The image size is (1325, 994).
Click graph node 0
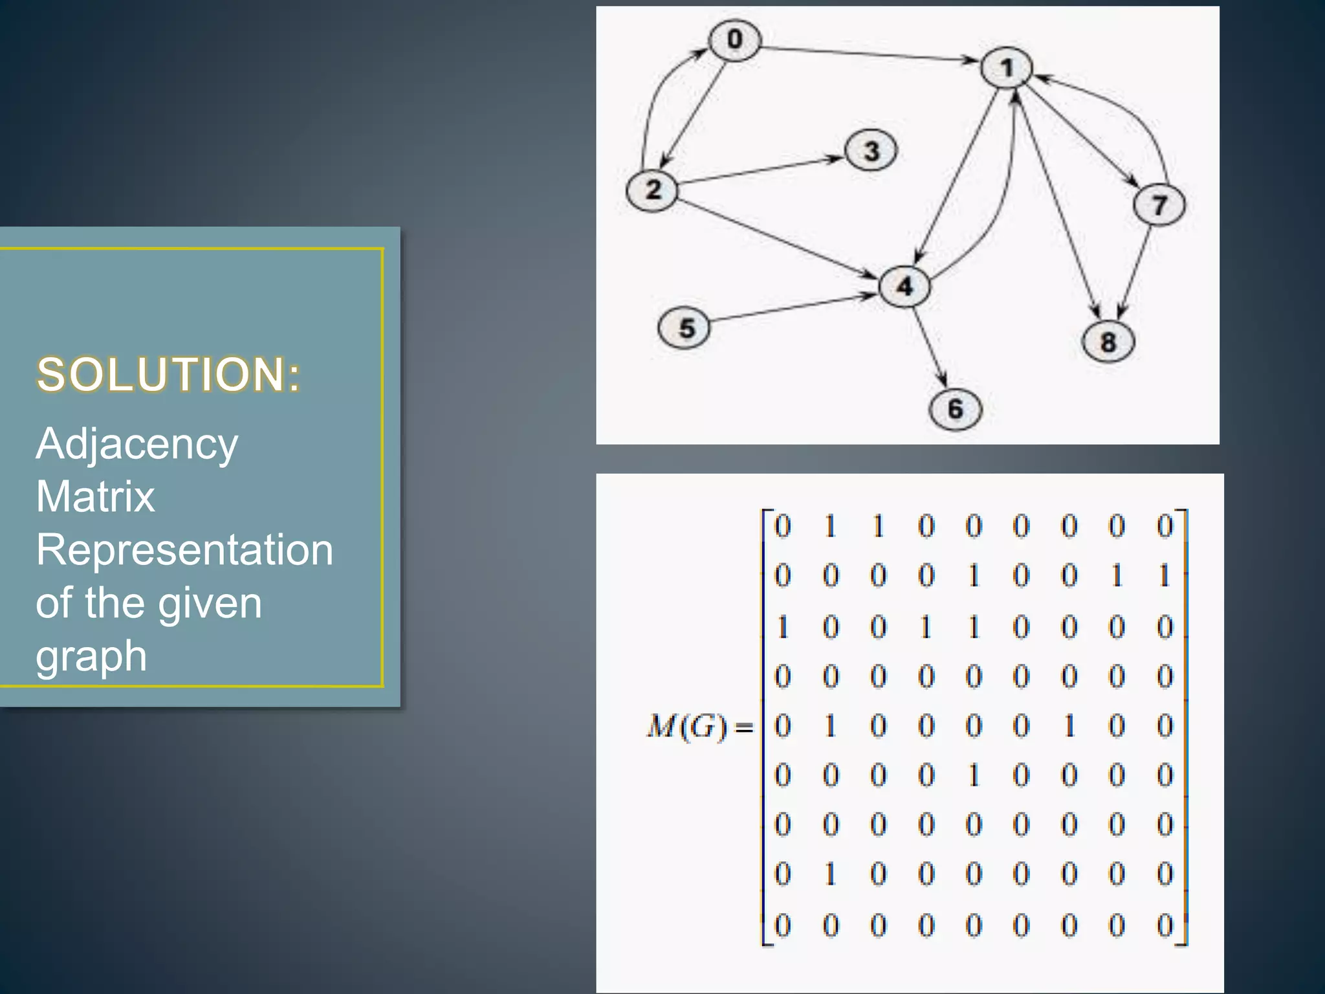tap(734, 40)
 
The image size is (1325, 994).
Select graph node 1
tap(1006, 67)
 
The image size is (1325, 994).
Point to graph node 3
tap(871, 151)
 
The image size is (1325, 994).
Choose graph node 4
tap(904, 285)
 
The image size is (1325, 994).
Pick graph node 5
tap(684, 328)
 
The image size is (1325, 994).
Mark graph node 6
tap(955, 409)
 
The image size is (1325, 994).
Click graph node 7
tap(1159, 205)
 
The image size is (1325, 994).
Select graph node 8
tap(1108, 342)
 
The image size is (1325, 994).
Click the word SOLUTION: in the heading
tap(169, 375)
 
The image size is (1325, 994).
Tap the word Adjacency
tap(137, 445)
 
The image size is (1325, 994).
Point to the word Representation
tap(184, 550)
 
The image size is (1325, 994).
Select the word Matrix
tap(96, 497)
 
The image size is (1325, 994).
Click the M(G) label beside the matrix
tap(687, 726)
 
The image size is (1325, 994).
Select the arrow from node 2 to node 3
tap(761, 170)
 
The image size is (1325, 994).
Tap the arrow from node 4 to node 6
tap(930, 346)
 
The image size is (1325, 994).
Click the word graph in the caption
tap(91, 656)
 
